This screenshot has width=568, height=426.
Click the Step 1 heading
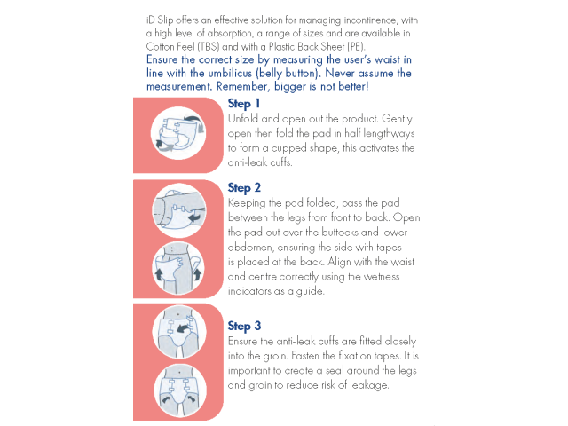[x=244, y=104]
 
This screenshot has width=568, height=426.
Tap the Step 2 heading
[x=244, y=188]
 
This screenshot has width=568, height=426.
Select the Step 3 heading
[x=244, y=326]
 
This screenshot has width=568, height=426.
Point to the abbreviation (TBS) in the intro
[x=209, y=47]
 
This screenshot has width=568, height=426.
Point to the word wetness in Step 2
[x=381, y=277]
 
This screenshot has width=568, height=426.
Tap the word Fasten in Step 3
[x=304, y=356]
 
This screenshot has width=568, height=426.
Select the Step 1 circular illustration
[x=178, y=133]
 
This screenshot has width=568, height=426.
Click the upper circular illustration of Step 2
[x=179, y=210]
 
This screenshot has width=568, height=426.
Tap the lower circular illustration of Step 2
[x=178, y=268]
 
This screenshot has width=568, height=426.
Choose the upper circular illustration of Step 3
[x=179, y=332]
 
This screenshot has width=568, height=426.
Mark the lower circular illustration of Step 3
[x=179, y=390]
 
